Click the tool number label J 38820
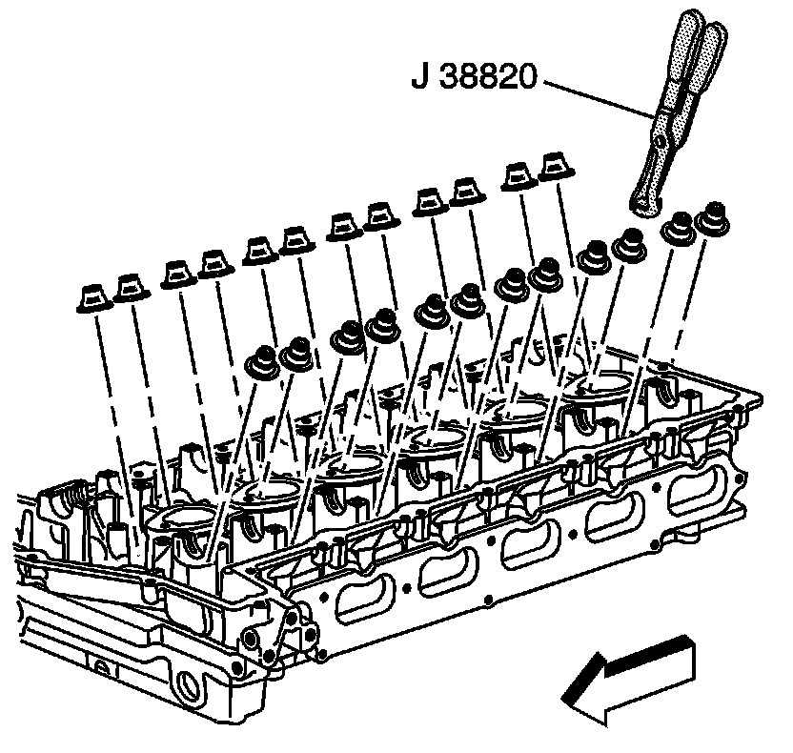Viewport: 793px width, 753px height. coord(477,75)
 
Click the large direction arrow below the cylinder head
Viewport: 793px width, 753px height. coord(629,678)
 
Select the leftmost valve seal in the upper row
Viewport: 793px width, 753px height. coord(92,296)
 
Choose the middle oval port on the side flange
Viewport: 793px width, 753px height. coord(523,550)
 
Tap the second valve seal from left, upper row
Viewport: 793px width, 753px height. coord(130,287)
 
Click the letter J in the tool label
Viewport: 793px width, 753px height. coord(420,75)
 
